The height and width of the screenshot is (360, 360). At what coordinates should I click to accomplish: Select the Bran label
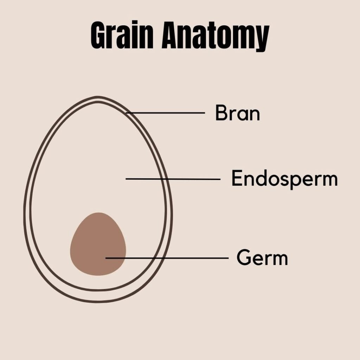coord(237,113)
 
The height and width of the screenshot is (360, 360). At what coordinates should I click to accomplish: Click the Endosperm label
coord(284,179)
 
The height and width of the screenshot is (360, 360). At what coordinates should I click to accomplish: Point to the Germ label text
coord(262,258)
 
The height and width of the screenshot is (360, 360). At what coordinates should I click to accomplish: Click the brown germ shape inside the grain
coord(95,239)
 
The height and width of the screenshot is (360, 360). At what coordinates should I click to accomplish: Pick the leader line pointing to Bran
coord(165,113)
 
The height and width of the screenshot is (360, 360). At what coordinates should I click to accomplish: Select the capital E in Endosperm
coord(236,179)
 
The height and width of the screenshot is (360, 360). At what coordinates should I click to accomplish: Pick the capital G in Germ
coord(243,258)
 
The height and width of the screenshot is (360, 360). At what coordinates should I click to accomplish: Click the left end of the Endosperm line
coord(127,179)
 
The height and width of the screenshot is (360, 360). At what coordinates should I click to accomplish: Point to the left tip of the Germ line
coord(107,258)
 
